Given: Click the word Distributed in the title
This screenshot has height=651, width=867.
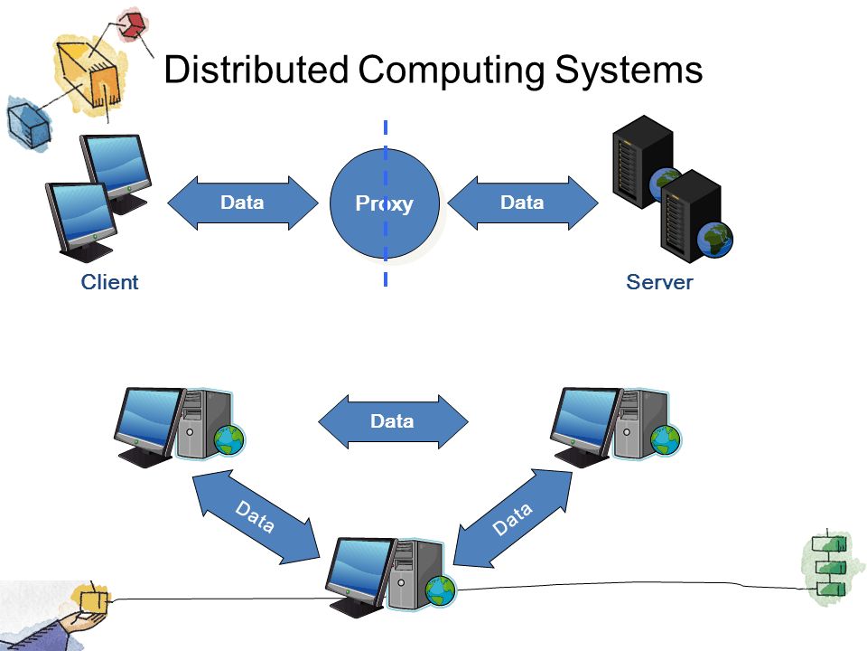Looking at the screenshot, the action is point(256,70).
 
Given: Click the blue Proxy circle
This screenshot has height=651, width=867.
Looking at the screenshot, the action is point(385,203).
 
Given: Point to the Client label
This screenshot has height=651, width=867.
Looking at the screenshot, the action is point(109,282).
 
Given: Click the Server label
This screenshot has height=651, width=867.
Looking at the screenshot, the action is point(659,282).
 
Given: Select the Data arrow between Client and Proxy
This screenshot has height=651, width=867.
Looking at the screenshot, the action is point(243,203).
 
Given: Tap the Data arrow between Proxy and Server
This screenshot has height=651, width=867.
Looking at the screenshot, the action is point(523,203).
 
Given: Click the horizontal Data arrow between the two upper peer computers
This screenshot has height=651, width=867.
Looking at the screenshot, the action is point(393,421).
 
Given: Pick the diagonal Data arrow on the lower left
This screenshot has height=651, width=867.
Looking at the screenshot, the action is point(256,517).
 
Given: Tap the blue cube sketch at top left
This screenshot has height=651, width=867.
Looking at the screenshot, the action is point(28,123).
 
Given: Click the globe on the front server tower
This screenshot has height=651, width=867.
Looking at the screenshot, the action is point(715,240).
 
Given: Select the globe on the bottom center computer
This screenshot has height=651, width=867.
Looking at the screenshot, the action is point(441,590).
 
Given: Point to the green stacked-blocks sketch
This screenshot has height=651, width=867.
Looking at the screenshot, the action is point(829,566).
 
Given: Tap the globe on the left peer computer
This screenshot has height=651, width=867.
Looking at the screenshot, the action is point(229,439).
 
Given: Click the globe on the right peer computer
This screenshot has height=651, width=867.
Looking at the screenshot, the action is point(666,439).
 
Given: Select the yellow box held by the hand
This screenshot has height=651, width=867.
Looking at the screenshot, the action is point(93,600).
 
